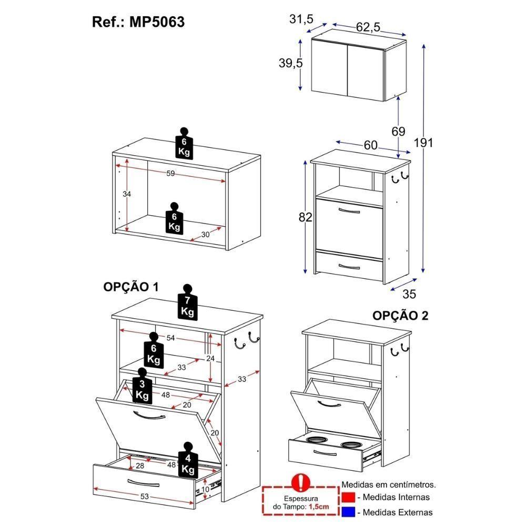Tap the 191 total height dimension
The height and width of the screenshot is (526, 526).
click(x=423, y=143)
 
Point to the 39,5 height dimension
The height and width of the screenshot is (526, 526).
click(x=290, y=64)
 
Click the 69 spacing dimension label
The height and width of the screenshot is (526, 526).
click(x=398, y=131)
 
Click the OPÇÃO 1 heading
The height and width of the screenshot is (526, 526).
click(x=130, y=287)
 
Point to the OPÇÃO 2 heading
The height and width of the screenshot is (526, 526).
click(x=400, y=316)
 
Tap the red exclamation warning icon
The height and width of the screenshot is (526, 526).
click(x=300, y=481)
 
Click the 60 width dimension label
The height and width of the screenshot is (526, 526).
click(x=370, y=146)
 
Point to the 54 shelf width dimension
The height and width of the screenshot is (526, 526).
click(x=170, y=338)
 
